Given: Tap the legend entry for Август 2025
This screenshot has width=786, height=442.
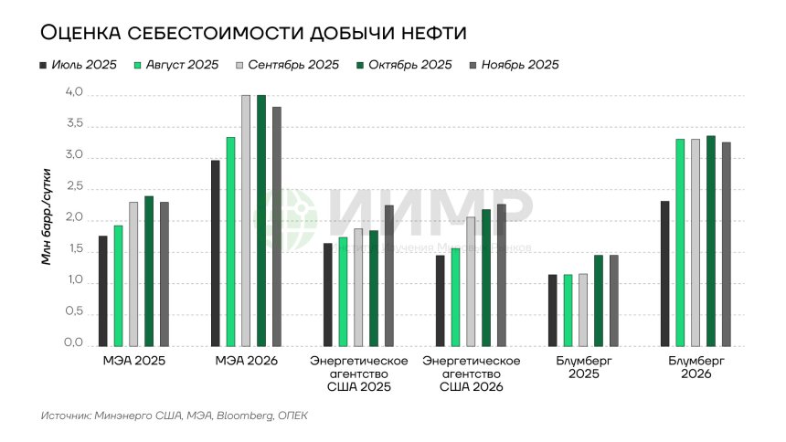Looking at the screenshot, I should pyautogui.click(x=179, y=66).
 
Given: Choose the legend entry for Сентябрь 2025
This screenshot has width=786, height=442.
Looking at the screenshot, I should pyautogui.click(x=286, y=66).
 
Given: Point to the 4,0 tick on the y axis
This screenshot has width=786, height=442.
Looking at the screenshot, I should pyautogui.click(x=74, y=93).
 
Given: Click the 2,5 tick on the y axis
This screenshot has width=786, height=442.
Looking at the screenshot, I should pyautogui.click(x=74, y=188).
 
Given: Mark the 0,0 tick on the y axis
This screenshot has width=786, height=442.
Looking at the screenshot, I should pyautogui.click(x=74, y=343).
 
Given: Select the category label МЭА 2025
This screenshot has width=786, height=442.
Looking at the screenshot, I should pyautogui.click(x=133, y=362).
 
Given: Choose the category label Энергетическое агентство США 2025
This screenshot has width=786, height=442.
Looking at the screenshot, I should pyautogui.click(x=358, y=374).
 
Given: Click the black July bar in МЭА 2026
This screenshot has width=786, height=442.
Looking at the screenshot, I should pyautogui.click(x=215, y=254).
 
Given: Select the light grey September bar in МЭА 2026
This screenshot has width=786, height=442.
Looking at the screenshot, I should pyautogui.click(x=246, y=221).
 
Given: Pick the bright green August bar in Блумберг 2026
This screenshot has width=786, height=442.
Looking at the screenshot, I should pyautogui.click(x=679, y=243).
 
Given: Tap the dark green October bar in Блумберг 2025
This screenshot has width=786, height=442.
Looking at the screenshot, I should pyautogui.click(x=598, y=300).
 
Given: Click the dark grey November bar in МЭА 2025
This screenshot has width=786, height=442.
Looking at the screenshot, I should pyautogui.click(x=165, y=274).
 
